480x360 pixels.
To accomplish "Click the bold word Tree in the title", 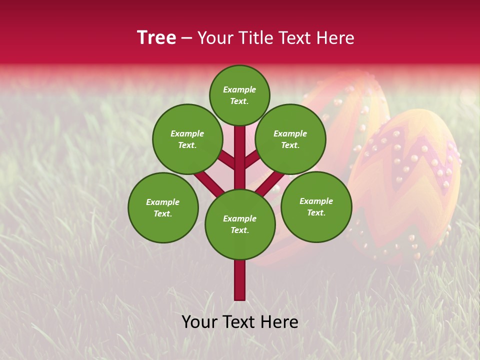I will tap(156, 38).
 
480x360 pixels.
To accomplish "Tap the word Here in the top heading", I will tap(335, 38).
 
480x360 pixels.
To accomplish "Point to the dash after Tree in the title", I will tap(186, 38).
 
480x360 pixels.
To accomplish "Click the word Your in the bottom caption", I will tap(199, 322).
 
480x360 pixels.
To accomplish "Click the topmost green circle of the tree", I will tap(239, 95).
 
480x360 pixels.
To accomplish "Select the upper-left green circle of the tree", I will tap(187, 139).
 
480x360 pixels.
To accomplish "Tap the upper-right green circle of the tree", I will tap(290, 139).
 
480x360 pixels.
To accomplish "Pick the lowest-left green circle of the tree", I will tap(163, 207).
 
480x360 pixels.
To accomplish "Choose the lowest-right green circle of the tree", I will tap(316, 206).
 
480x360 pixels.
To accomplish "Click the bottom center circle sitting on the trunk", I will tap(240, 224).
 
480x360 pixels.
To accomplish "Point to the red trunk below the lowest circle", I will tap(240, 280).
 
